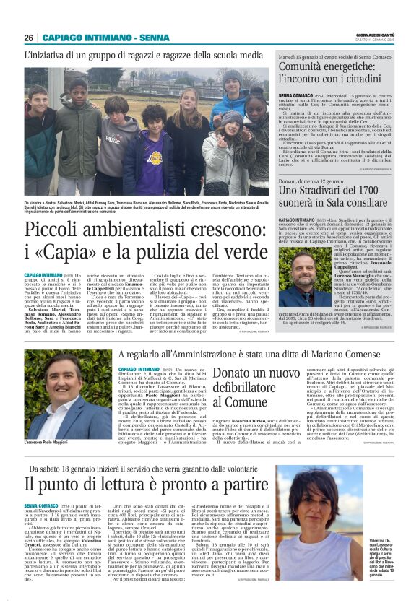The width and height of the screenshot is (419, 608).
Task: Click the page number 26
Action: [x=28, y=38]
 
